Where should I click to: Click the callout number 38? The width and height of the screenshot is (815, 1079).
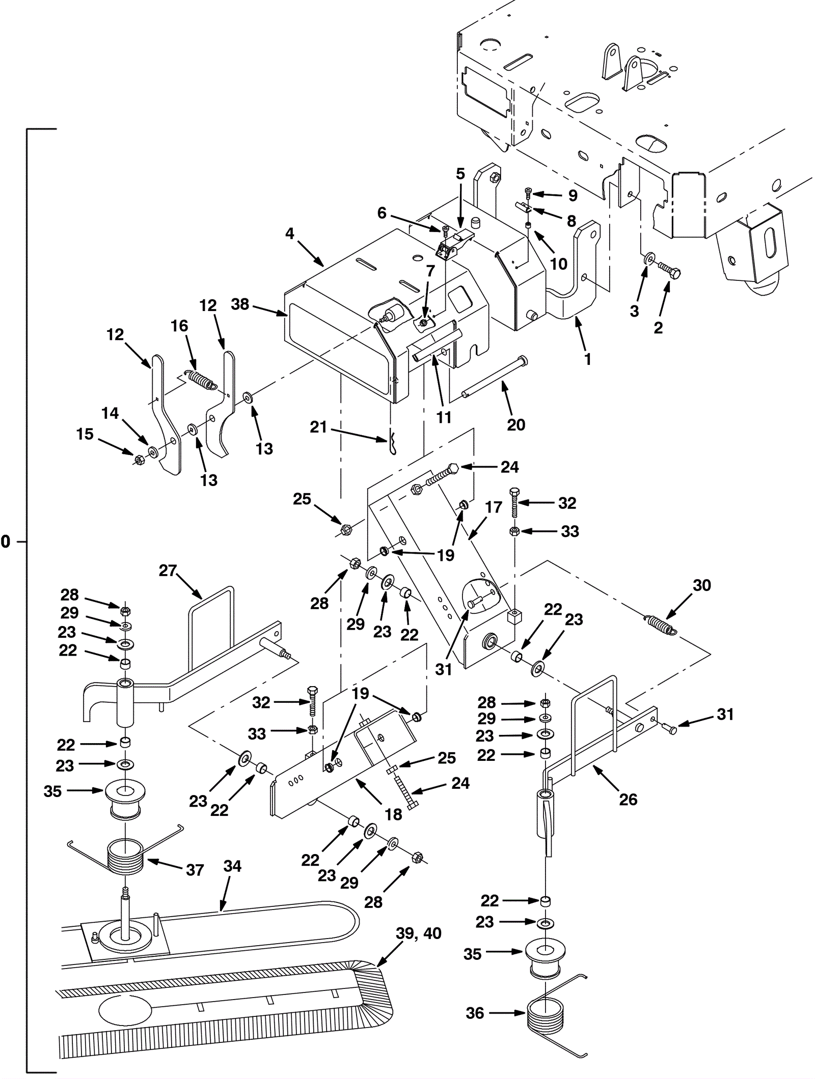pos(240,304)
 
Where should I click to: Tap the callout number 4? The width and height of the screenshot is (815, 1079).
pos(290,234)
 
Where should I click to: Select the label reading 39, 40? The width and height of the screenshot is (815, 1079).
pos(418,933)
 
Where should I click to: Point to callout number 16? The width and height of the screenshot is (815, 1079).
pos(179,326)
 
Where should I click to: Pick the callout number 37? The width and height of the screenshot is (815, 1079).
pos(195,870)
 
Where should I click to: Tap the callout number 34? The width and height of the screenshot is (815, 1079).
pos(232,866)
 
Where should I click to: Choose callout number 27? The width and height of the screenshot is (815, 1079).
pos(168,571)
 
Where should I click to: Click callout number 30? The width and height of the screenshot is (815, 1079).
pos(701,585)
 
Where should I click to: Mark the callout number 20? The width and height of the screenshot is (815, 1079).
pos(516,424)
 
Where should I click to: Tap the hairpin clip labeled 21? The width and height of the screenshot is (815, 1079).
pos(393,442)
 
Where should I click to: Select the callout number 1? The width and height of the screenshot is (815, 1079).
pos(588,359)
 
